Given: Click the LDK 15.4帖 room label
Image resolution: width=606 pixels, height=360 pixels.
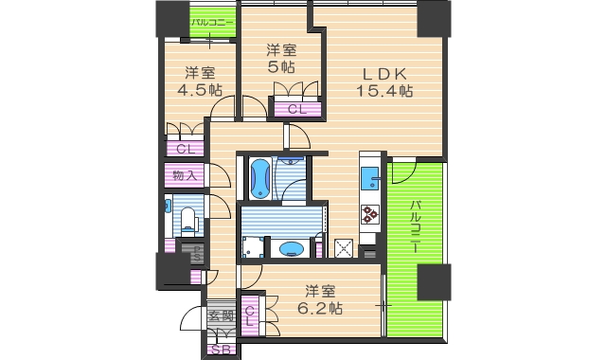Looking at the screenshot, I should pos(383,81).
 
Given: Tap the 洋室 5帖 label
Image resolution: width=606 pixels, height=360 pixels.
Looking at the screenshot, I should pos(279,58).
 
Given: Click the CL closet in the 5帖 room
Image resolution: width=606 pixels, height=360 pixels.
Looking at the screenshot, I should pos(296,110).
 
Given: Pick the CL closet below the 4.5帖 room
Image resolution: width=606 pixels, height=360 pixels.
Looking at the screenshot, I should pos(185,149).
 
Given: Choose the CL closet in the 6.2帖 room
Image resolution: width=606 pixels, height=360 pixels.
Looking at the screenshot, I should pos(251,316).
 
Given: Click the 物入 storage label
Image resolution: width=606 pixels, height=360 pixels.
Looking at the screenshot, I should pos(185,175).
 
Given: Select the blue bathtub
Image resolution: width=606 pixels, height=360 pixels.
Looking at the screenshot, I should pos(259,178).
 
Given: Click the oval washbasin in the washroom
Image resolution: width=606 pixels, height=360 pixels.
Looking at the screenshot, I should pos(293,249).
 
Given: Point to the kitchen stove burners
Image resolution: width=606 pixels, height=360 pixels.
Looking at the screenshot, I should pos(369,214).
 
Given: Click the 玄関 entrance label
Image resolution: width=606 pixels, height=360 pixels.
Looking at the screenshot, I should pos(221,317).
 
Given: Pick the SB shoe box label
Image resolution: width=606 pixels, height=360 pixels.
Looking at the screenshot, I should pos(221,350).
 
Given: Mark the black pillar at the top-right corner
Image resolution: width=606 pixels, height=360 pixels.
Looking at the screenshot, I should pos(433,17).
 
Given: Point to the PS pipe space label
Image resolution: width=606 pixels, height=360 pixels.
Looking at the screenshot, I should pos(197,254).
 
